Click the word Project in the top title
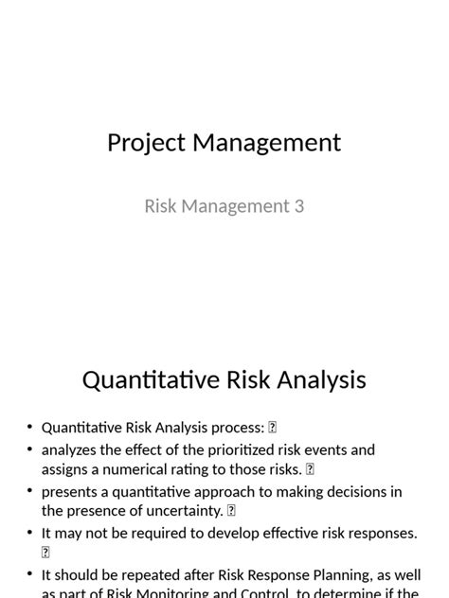click(146, 143)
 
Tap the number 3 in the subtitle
click(298, 205)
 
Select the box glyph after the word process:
click(273, 428)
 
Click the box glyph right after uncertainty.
click(231, 511)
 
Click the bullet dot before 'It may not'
click(30, 534)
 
